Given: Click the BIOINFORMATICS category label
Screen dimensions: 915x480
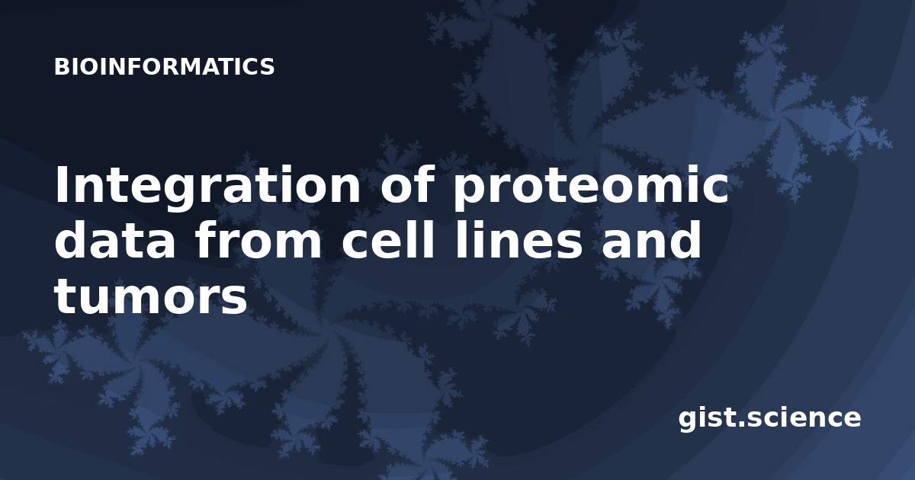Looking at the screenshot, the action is pyautogui.click(x=164, y=66).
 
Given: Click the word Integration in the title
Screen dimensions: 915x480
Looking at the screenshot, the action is pyautogui.click(x=208, y=185).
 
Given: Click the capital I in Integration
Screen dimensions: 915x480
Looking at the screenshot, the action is pyautogui.click(x=60, y=185).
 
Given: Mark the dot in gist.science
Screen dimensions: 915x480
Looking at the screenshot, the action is pyautogui.click(x=740, y=424).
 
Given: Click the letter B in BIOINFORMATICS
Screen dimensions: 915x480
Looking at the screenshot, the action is pyautogui.click(x=61, y=66).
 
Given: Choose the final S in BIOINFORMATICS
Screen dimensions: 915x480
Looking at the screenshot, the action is pyautogui.click(x=267, y=66).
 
